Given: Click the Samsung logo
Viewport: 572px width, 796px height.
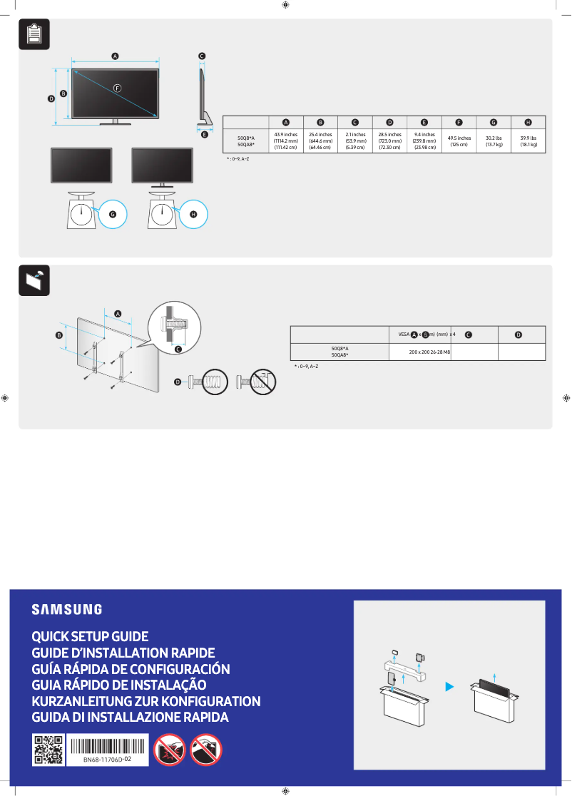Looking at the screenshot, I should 66,609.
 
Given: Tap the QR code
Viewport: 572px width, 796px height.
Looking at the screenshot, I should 48,750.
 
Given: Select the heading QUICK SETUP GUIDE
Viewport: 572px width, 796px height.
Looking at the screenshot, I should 90,636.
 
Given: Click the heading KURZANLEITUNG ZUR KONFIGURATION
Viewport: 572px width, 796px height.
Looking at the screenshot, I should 146,701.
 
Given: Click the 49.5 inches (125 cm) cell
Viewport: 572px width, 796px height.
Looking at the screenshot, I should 459,141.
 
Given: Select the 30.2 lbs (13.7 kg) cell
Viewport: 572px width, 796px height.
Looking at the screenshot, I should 494,141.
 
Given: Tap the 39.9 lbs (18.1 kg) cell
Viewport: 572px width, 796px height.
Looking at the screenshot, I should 528,141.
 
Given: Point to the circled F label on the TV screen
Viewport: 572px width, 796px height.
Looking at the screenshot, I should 118,87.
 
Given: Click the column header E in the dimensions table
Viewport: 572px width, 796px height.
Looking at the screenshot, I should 424,123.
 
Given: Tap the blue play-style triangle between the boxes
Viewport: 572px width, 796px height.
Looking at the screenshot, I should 449,687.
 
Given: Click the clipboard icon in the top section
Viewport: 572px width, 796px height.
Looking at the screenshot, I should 34,34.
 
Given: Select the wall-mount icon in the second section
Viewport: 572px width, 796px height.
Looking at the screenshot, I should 34,280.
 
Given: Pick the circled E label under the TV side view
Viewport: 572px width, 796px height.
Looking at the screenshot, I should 204,134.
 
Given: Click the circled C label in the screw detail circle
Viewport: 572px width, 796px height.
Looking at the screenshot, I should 178,349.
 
